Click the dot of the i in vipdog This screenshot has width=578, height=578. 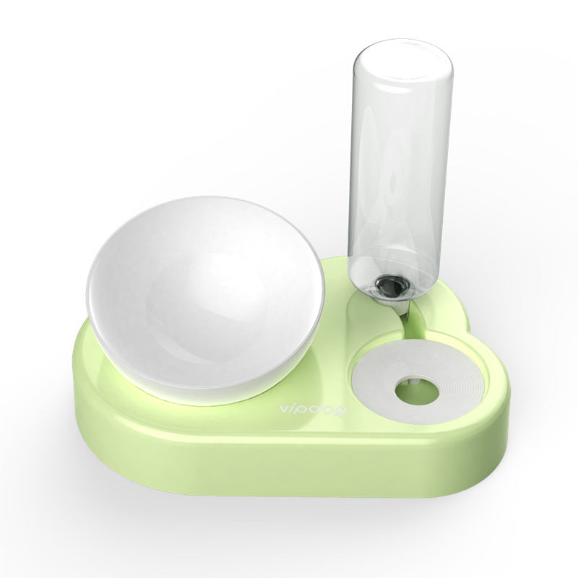click(292, 405)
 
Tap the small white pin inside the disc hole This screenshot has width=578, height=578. click(413, 390)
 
